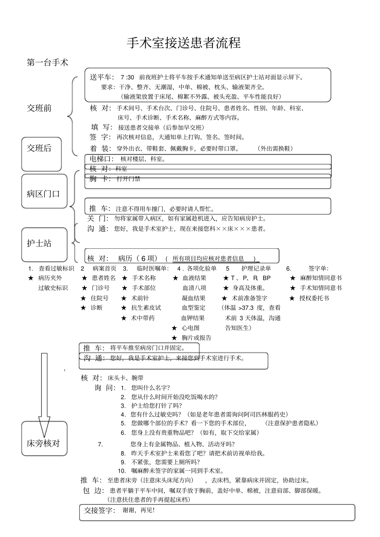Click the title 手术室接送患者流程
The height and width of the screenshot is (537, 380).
pos(184,43)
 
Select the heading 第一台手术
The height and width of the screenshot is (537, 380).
pos(48,62)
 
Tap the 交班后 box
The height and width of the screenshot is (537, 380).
pos(41,153)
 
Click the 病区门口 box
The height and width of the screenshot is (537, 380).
pos(44,191)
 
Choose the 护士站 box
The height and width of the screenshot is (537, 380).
pos(44,244)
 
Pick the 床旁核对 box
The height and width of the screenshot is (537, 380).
pos(44,438)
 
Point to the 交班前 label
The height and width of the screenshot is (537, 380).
pos(39,108)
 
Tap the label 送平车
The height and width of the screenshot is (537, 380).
pos(102,77)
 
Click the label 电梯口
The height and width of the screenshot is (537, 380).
pos(102,159)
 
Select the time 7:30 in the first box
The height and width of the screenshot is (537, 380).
pos(127,77)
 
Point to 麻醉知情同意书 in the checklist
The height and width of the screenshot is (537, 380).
pos(321,278)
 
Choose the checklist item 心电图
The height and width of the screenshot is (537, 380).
pos(190,328)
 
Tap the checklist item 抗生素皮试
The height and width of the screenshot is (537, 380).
pos(146,307)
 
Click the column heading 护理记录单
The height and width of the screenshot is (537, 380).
pos(256,268)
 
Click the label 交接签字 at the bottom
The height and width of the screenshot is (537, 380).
pos(100,510)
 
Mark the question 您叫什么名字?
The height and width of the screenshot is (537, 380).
pos(150,388)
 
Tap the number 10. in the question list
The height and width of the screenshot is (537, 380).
pos(122,471)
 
